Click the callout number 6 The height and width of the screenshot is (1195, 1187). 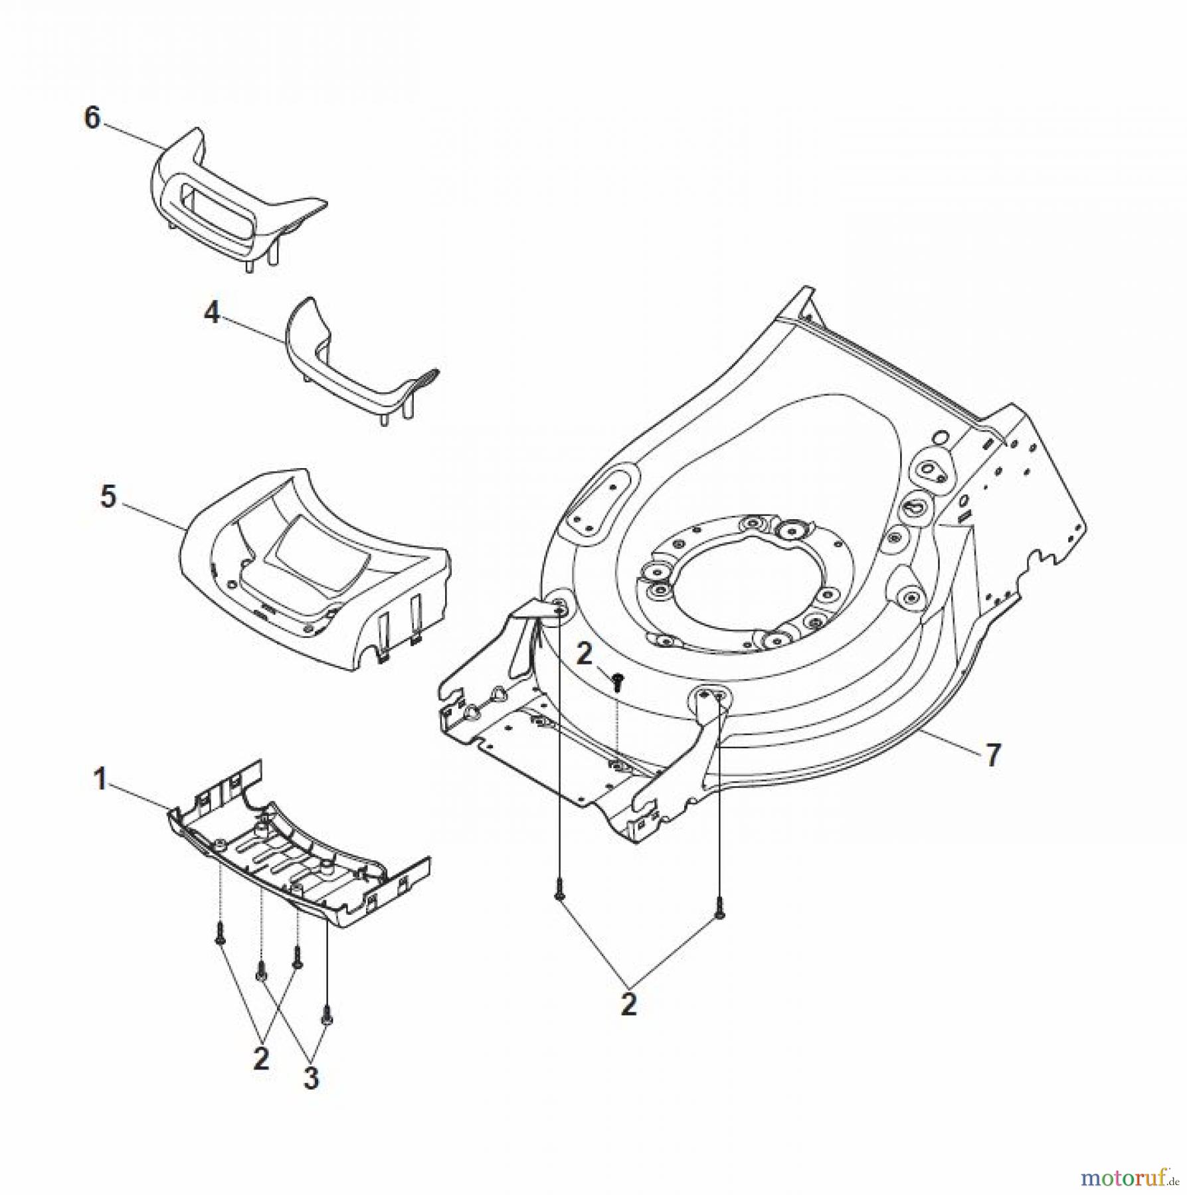[x=92, y=119]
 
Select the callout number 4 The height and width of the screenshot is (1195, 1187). [x=212, y=313]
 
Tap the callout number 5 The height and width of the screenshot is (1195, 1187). [x=108, y=496]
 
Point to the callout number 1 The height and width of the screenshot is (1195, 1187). [x=100, y=779]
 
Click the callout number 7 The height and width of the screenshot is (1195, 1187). [x=992, y=756]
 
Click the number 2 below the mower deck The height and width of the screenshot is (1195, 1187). [x=628, y=1004]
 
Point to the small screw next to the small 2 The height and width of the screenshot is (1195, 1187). [x=618, y=681]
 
